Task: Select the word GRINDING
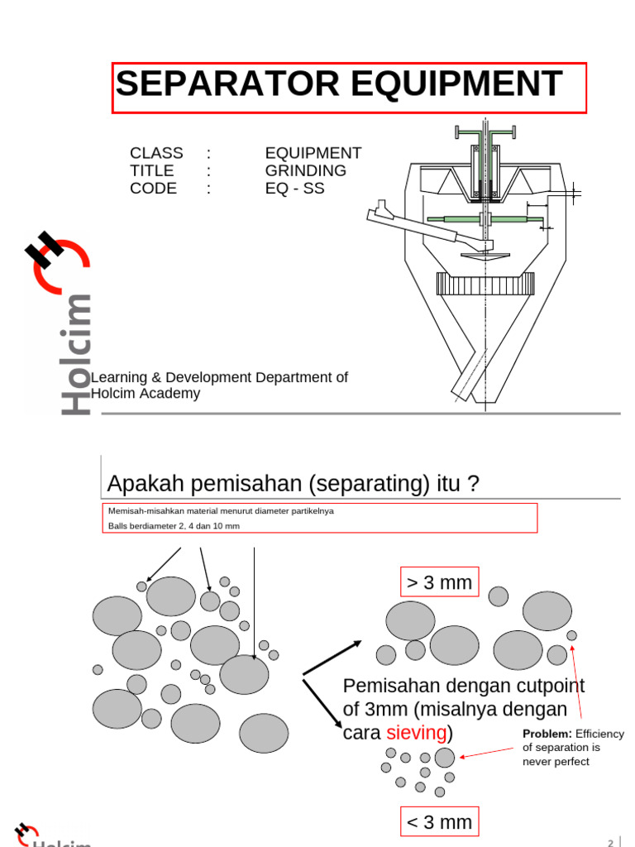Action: (x=305, y=170)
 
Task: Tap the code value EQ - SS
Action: (x=294, y=188)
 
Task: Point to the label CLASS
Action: (x=156, y=153)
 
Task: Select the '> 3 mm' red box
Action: (x=439, y=582)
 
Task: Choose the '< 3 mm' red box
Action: (x=439, y=822)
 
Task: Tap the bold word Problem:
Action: (x=547, y=734)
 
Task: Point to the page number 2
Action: (x=611, y=842)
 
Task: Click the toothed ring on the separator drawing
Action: (x=485, y=285)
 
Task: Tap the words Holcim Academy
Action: (x=146, y=394)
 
